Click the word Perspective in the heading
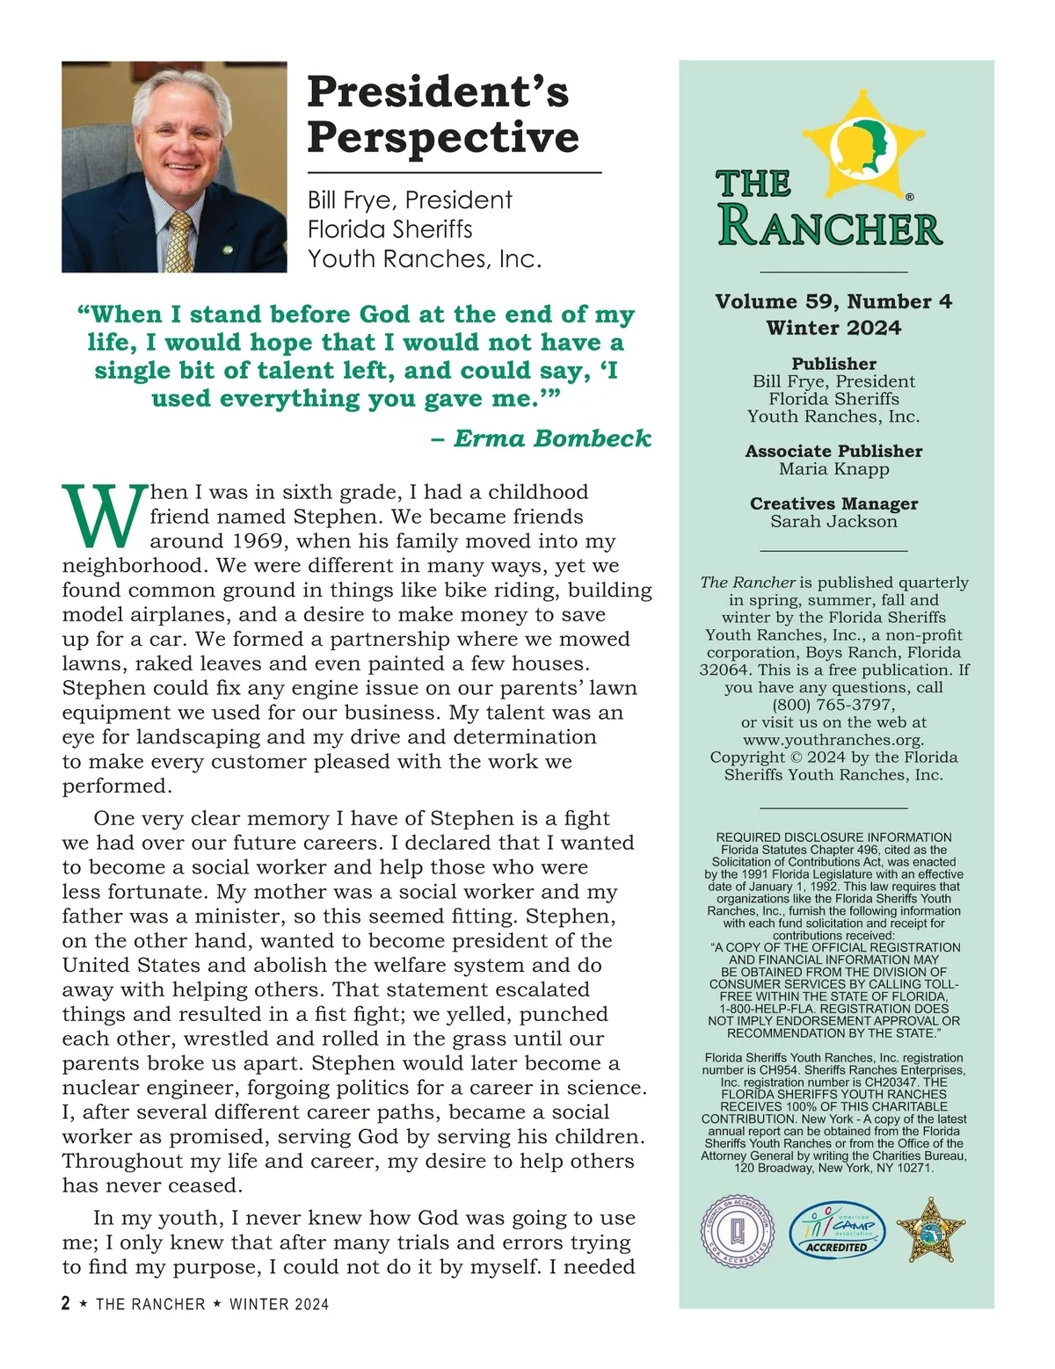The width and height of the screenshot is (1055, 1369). click(443, 138)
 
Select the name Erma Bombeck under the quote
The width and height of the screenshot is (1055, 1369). click(552, 438)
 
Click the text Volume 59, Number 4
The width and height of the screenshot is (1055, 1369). click(833, 301)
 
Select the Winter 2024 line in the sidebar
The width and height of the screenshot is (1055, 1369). click(833, 328)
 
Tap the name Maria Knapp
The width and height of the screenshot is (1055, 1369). click(833, 468)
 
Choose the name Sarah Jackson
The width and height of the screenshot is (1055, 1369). click(833, 521)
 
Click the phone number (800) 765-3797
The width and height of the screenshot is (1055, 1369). click(833, 705)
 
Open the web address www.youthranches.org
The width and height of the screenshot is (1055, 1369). click(833, 740)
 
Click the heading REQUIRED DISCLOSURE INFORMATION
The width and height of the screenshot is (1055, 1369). click(833, 837)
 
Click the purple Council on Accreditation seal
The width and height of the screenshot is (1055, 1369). click(739, 1231)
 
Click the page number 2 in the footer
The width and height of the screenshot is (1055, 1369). click(66, 1303)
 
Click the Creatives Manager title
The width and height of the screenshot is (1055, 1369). click(833, 503)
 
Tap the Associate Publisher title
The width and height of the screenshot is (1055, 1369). click(833, 451)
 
